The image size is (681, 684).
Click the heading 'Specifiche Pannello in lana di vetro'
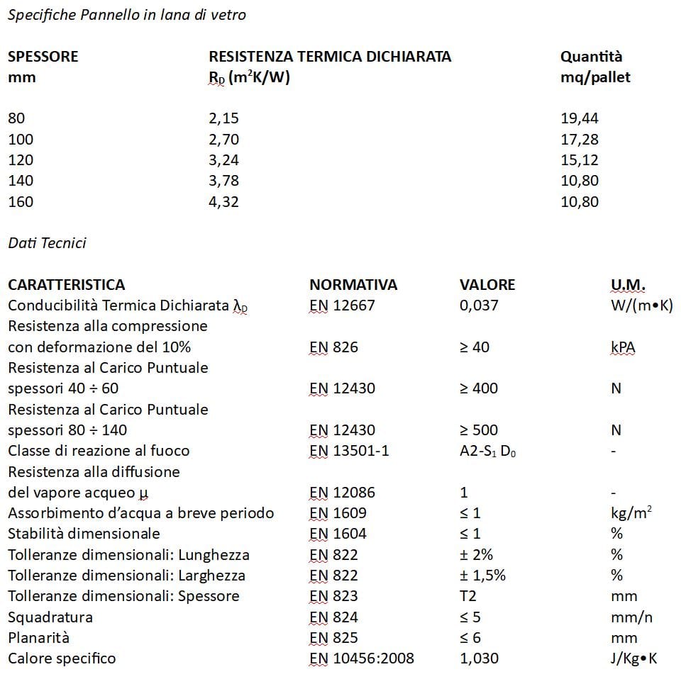(127, 15)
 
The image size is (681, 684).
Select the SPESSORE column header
(43, 57)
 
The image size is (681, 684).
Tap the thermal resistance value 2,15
(223, 118)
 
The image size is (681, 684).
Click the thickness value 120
(21, 160)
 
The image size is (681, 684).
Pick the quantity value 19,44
(580, 118)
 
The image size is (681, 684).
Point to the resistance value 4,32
(223, 202)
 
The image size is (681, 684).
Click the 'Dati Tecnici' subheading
(47, 243)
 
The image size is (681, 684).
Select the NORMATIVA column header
(353, 285)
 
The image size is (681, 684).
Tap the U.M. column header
(628, 285)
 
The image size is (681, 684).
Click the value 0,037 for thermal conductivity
(479, 305)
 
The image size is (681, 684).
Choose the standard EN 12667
(342, 305)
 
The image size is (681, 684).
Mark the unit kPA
(623, 347)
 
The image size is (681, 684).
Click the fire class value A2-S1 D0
(487, 451)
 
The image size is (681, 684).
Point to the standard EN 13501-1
(349, 451)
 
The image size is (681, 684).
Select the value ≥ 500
(479, 430)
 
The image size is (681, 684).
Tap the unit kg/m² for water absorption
(631, 513)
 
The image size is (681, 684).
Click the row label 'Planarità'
(39, 638)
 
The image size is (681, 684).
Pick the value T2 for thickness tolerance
(469, 596)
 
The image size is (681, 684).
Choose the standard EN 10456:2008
(362, 658)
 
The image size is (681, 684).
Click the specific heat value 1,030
(479, 658)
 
